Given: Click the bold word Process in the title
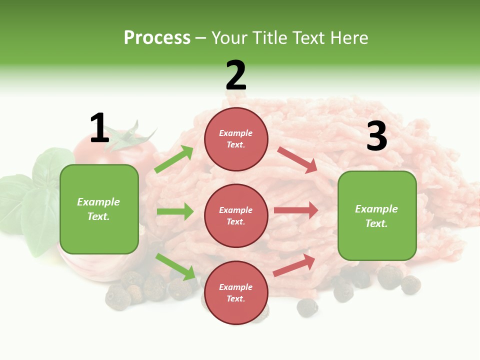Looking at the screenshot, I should (157, 37).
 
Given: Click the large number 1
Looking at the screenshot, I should (99, 128).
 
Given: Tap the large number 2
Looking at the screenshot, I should (235, 75).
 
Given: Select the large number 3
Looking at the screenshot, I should (376, 136).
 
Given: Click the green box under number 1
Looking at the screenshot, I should (99, 209).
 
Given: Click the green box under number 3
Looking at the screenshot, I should (377, 215).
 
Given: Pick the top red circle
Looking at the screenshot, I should (236, 139).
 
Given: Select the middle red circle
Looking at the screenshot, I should (236, 215).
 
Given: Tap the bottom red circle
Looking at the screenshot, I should (236, 292).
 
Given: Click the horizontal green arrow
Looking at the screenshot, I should (174, 211).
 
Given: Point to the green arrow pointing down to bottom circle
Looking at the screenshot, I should (175, 266).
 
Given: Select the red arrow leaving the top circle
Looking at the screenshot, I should (297, 159).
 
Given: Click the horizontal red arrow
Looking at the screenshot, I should (295, 210).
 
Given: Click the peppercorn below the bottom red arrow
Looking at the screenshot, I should (306, 307).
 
